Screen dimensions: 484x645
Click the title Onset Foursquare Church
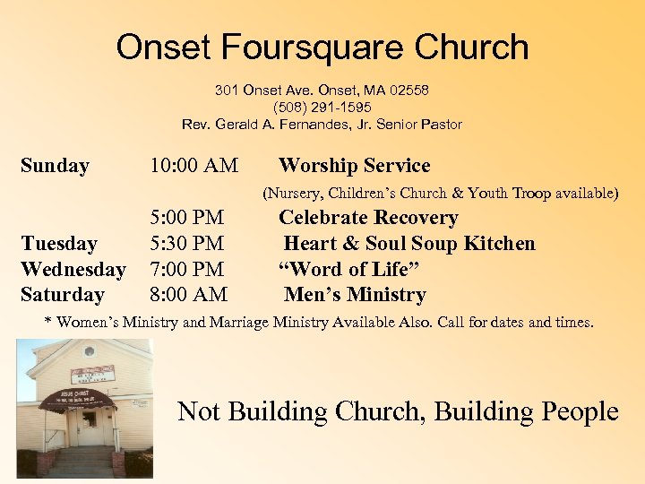coord(322,48)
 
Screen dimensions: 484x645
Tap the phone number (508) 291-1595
coord(322,108)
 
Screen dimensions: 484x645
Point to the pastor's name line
coord(322,125)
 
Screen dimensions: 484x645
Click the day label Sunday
coord(55,166)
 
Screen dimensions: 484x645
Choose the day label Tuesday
coord(58,244)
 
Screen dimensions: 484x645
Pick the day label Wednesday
coord(73,269)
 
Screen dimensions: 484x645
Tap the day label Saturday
coord(62,295)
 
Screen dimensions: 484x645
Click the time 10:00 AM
coord(193,166)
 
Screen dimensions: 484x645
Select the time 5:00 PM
coord(187,218)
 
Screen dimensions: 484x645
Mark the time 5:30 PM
coord(187,244)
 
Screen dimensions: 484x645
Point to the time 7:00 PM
coord(187,269)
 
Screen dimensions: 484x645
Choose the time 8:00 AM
coord(188,295)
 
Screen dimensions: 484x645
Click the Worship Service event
coord(354,166)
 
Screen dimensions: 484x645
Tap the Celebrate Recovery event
coord(368,218)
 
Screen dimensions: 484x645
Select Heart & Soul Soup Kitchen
coord(409,244)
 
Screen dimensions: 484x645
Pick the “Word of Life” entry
coord(349,269)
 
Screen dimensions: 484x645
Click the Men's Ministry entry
coord(355,295)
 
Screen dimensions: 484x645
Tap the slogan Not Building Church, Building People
coord(398,411)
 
